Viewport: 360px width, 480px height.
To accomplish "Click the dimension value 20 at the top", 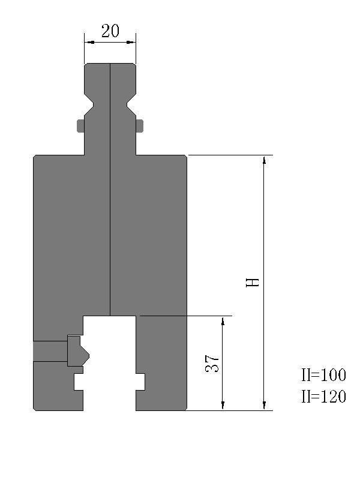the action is coord(110,31).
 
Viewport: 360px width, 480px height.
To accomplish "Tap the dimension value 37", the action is coord(212,364).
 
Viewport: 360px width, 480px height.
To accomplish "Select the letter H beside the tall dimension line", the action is coord(253,282).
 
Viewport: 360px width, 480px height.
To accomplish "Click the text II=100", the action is coord(323,374).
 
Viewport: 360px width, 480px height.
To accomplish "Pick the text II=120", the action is coord(323,397).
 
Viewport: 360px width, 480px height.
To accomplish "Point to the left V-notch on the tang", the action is coord(89,104).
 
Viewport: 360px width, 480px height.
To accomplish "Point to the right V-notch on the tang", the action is coord(131,104).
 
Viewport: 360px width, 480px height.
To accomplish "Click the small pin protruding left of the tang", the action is coord(80,126).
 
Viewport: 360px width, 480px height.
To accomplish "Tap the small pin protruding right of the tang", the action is coord(140,126).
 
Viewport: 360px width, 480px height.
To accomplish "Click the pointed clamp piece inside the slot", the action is coord(78,351).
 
